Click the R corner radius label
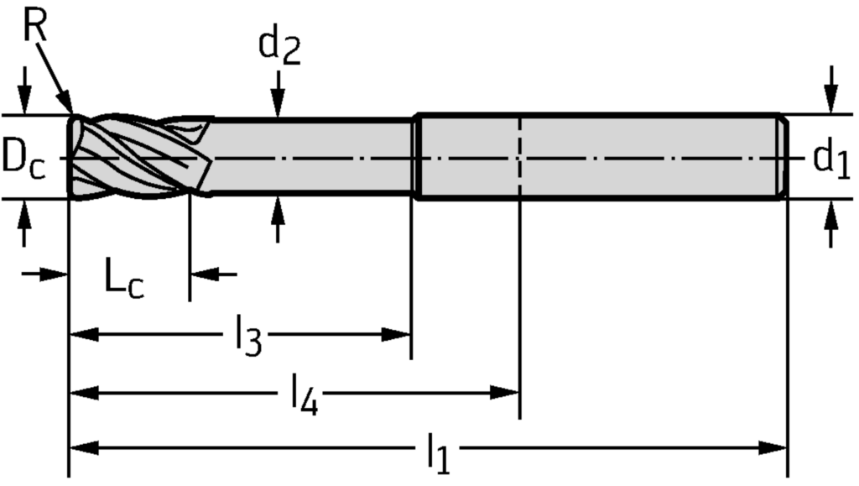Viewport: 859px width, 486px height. point(35,27)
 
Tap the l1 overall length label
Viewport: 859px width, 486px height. point(438,452)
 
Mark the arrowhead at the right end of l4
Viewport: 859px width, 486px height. point(507,391)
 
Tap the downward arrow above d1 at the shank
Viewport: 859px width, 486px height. point(830,99)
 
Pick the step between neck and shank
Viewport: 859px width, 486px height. point(416,157)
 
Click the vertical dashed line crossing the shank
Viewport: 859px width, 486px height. point(520,157)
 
